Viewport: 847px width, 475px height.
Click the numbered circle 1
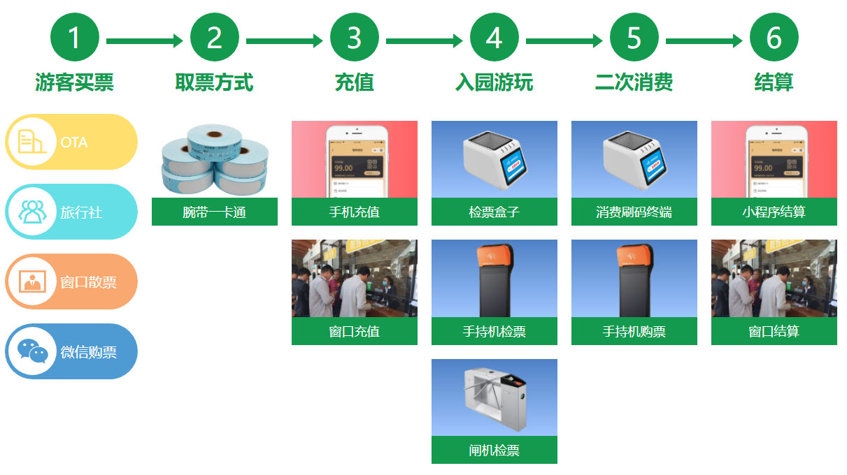point(74,38)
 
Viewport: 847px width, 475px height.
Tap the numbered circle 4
point(494,38)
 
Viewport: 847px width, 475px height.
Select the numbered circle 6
point(774,38)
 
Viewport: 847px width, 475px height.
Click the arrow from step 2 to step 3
point(284,41)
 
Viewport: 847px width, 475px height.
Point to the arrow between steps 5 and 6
point(704,41)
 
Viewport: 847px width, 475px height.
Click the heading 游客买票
point(74,82)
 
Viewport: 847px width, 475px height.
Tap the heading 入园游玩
point(494,82)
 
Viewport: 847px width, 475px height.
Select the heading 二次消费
point(634,82)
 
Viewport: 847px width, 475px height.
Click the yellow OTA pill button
point(71,142)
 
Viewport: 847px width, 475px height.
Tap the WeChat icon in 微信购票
point(31,351)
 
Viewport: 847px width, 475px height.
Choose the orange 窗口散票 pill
point(71,282)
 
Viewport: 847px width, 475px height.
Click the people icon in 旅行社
point(31,212)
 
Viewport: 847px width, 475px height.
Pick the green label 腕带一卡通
point(214,212)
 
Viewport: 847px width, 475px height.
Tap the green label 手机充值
point(354,212)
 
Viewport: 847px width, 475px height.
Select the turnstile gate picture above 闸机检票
point(494,397)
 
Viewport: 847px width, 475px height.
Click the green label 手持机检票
point(494,331)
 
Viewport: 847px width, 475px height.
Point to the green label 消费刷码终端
point(634,212)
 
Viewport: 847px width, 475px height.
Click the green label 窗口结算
point(774,331)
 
